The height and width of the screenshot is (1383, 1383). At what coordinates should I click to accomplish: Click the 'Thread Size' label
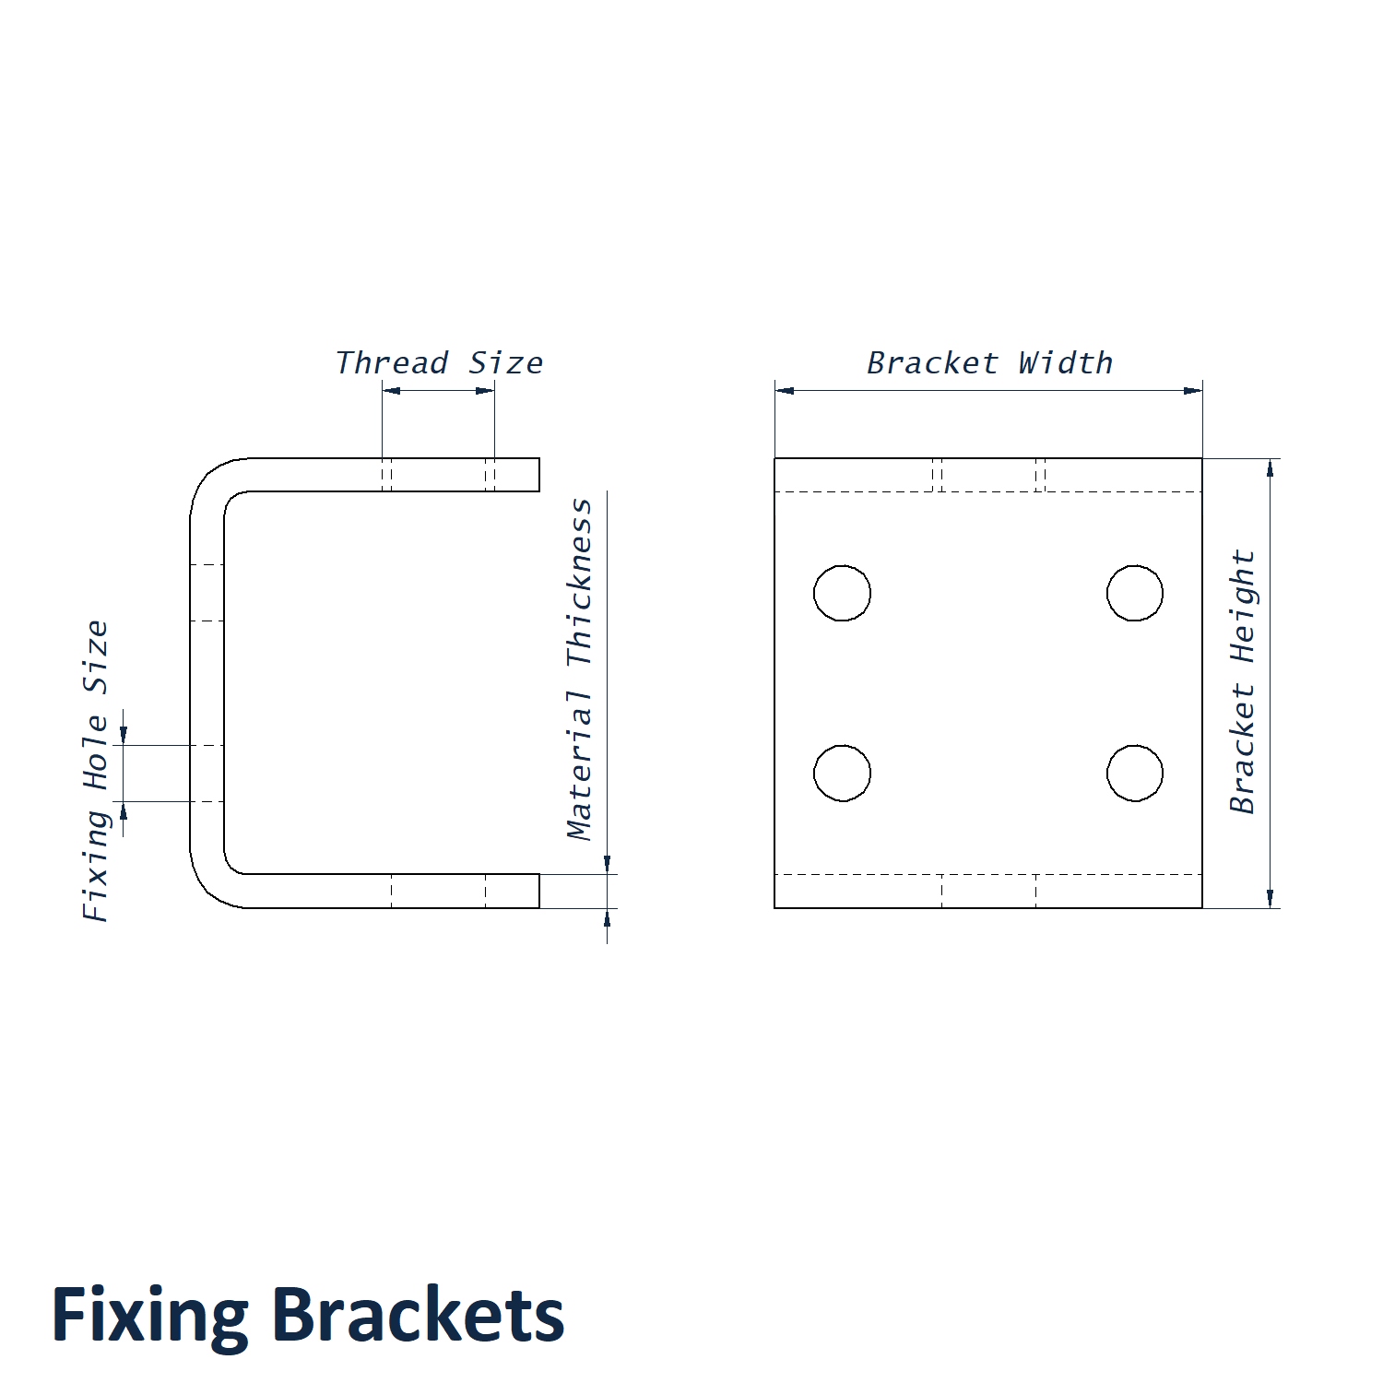[439, 363]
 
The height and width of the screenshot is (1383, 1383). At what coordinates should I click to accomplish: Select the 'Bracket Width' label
[989, 363]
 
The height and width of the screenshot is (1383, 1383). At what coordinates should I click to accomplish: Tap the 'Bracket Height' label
[1243, 681]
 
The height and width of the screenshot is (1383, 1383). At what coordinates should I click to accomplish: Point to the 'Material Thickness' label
[580, 669]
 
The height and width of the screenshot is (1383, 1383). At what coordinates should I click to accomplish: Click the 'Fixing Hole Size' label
[96, 770]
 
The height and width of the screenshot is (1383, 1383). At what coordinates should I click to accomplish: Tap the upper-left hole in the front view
[842, 593]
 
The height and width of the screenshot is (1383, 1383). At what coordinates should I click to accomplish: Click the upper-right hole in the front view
[1135, 593]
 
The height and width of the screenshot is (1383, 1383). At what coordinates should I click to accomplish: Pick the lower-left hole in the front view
[842, 773]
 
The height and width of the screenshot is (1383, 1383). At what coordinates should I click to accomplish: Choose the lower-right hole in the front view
[1135, 773]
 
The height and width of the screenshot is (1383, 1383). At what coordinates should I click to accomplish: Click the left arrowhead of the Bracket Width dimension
[785, 390]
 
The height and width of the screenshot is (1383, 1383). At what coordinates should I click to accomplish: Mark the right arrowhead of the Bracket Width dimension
[1192, 390]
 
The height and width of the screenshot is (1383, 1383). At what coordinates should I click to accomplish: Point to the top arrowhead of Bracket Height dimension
[1271, 468]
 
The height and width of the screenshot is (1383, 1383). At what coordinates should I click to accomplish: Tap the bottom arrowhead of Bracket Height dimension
[1271, 898]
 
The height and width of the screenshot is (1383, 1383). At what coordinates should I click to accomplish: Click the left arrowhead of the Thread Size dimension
[392, 390]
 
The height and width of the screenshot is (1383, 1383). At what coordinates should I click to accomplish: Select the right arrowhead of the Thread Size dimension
[485, 390]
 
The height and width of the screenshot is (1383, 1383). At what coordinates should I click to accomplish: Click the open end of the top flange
[538, 475]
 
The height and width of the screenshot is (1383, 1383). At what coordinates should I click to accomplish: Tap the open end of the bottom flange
[538, 891]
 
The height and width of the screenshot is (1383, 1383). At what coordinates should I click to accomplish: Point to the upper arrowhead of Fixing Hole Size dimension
[124, 735]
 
